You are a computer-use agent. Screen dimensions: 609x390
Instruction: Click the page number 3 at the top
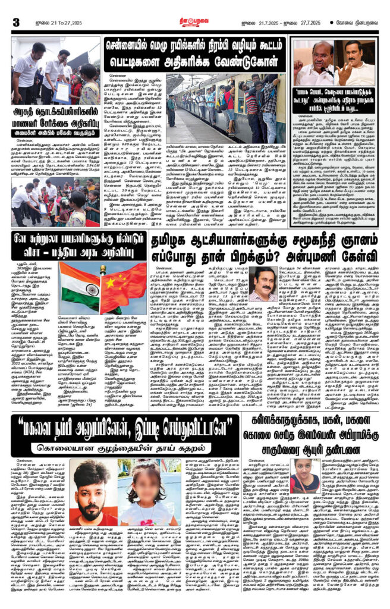click(x=16, y=22)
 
